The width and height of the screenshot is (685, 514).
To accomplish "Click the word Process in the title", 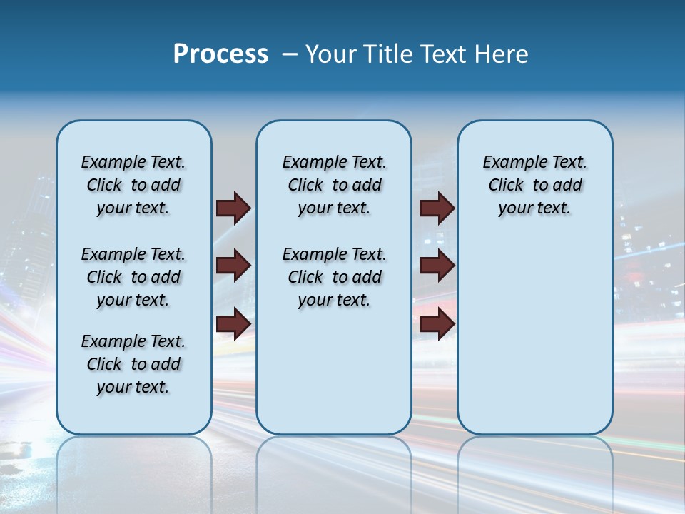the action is (220, 54).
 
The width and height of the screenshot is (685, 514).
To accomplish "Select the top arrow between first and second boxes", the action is (233, 208).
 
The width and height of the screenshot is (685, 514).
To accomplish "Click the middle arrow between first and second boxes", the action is (233, 266).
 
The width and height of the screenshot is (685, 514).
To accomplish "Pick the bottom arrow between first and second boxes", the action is (233, 324).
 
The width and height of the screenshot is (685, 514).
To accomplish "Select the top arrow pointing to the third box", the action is (437, 208).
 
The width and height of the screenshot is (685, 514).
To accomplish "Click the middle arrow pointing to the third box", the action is (437, 266).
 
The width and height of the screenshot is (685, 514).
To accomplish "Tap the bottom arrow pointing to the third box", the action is (437, 324).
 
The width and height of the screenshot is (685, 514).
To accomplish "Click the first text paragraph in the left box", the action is (133, 185).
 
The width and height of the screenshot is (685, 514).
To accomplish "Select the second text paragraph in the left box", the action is (133, 277).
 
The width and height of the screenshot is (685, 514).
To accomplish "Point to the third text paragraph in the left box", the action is (133, 364).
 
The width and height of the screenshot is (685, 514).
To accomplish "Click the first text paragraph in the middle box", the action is (334, 185).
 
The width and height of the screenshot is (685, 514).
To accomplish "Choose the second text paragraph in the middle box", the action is (334, 277).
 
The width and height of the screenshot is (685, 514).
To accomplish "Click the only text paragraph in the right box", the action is (535, 185).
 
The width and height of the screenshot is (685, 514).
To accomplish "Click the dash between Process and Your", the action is (290, 54).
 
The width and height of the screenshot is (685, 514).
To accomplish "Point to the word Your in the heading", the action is (330, 54).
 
